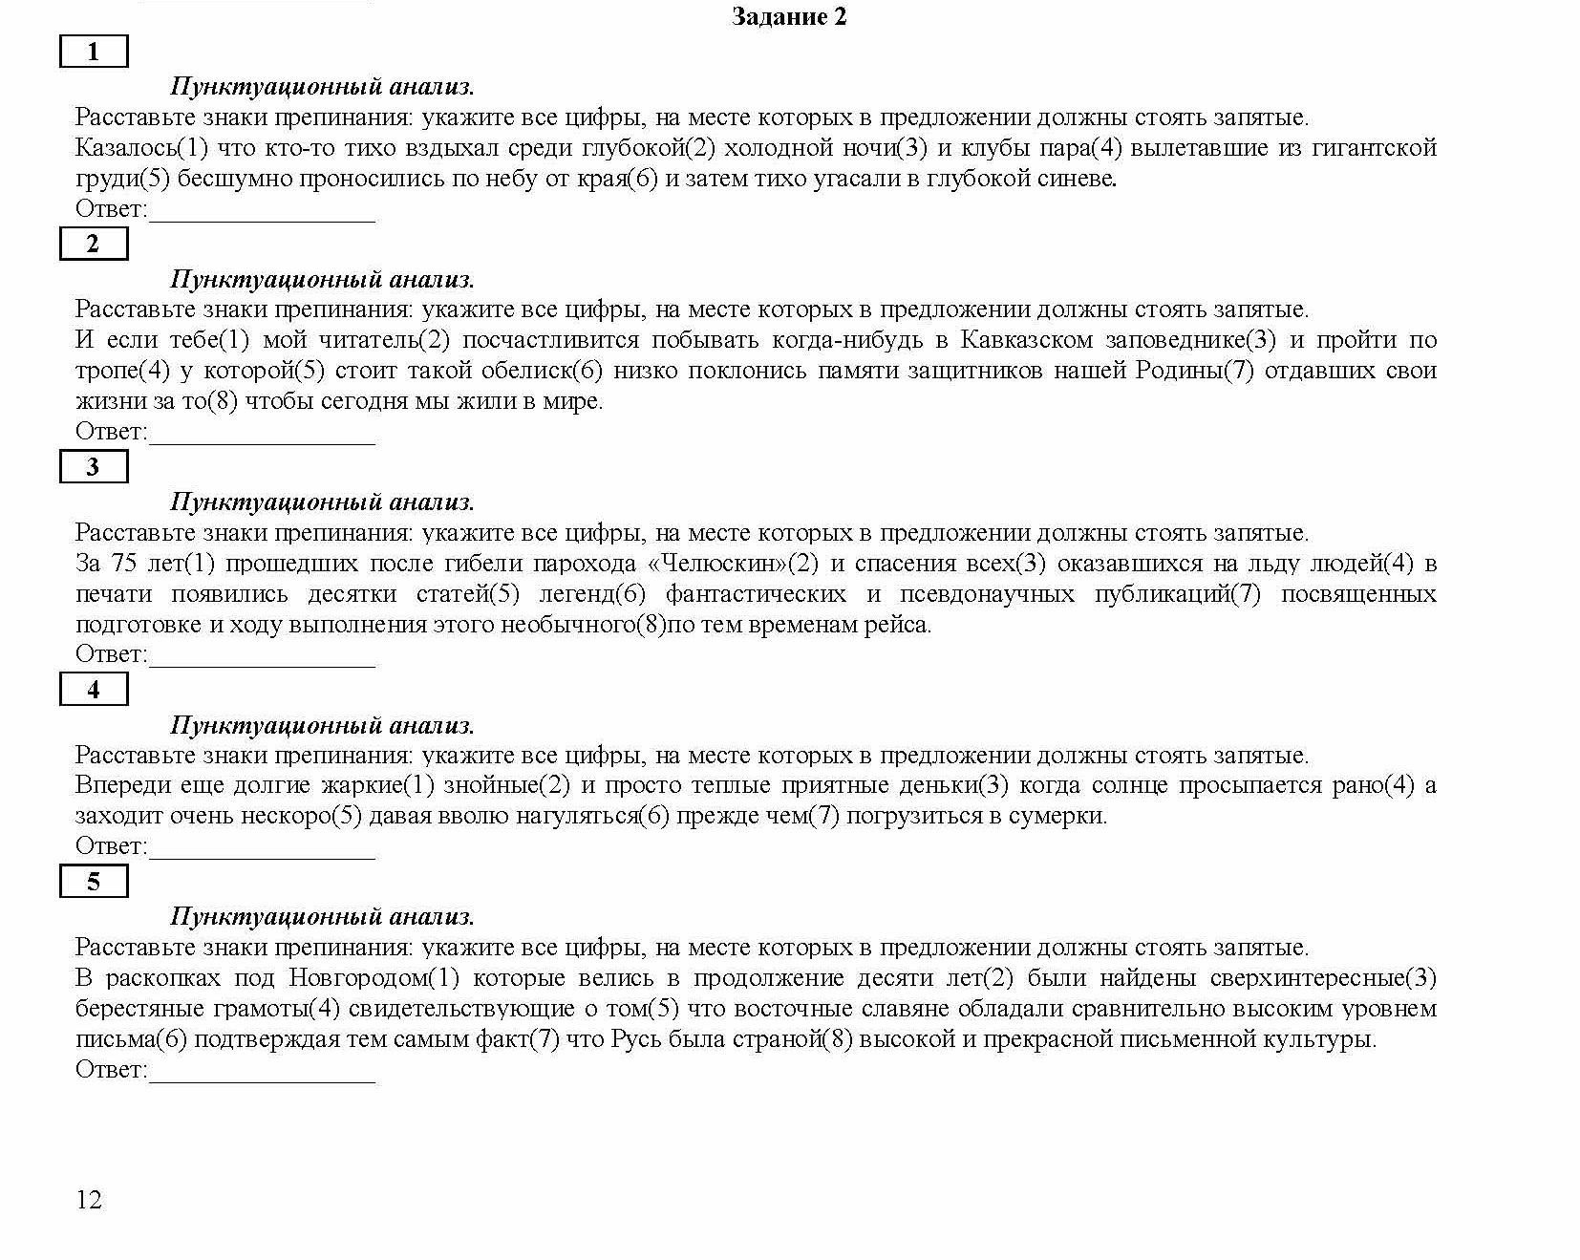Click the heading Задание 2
click(x=789, y=16)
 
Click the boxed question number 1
click(x=93, y=52)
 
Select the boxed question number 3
click(x=93, y=466)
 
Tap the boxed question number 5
click(x=93, y=881)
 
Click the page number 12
click(x=89, y=1200)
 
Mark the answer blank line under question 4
click(x=263, y=857)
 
